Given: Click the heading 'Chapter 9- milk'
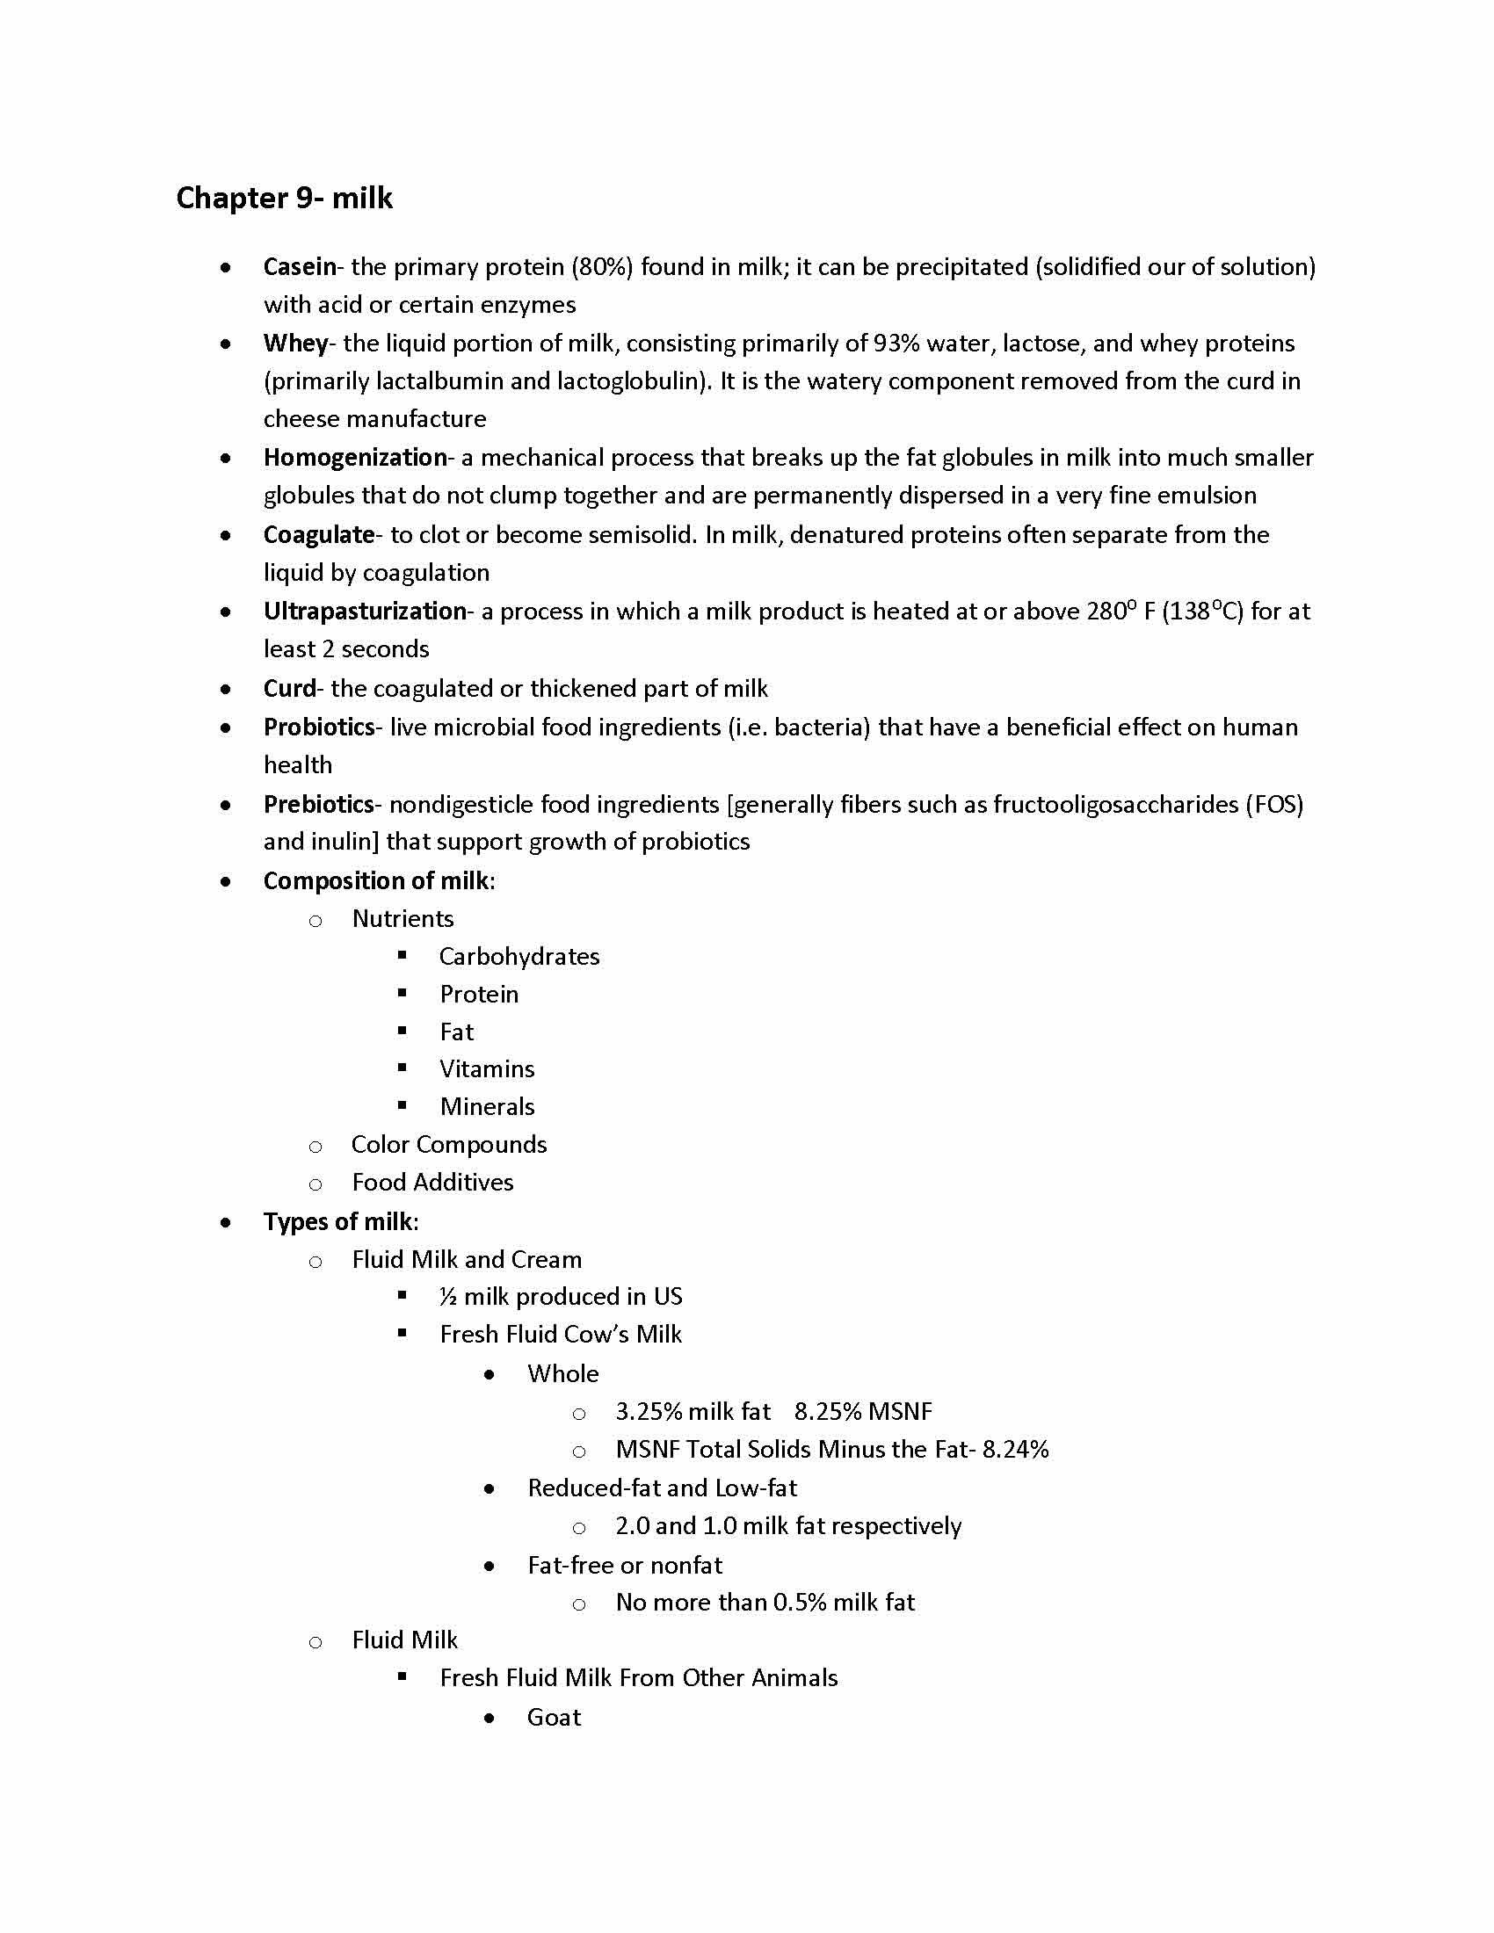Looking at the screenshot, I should (284, 198).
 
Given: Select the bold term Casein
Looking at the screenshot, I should (299, 266).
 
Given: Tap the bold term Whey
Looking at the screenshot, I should (295, 344).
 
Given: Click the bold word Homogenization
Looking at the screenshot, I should (355, 458).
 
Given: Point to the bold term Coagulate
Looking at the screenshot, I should (319, 534).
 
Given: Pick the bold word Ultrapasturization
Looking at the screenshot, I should (365, 612).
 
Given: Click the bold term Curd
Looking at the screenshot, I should (289, 689).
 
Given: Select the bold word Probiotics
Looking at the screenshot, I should (319, 727).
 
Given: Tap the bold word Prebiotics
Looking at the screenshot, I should (319, 805).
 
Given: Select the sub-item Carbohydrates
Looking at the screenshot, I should (519, 957).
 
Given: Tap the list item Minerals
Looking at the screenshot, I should (487, 1107).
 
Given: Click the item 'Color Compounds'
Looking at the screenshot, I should (449, 1145).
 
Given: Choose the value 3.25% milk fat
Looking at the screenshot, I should (693, 1412).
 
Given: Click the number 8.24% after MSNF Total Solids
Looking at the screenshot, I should (1015, 1450).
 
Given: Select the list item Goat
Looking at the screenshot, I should (554, 1718).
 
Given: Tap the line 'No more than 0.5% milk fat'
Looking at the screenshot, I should (765, 1603).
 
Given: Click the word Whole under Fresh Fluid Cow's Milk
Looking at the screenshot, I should (563, 1373).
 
